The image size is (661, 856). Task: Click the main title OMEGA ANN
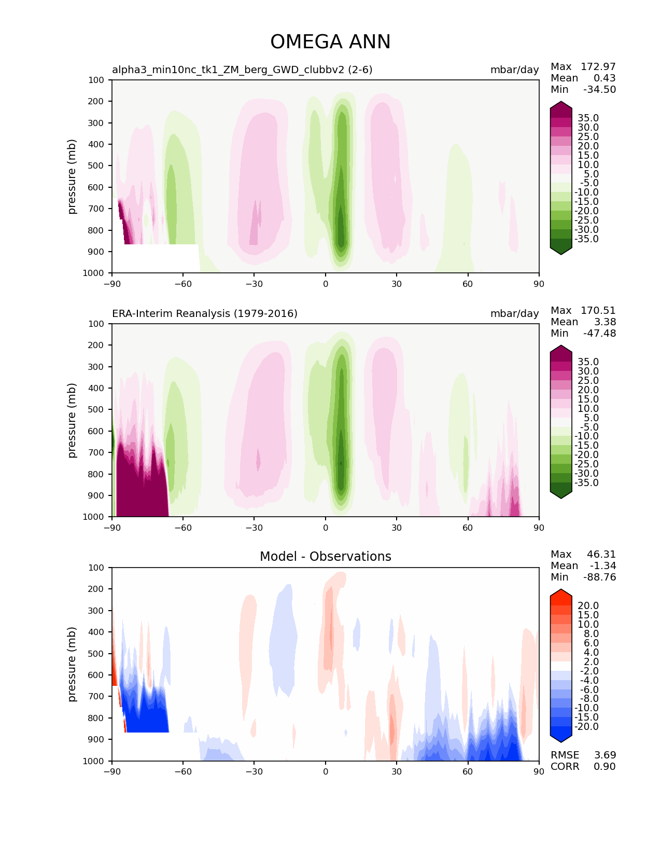330,42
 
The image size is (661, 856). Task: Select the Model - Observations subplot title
325,557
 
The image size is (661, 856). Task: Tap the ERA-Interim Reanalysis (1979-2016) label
205,313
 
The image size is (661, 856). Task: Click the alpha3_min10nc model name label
242,70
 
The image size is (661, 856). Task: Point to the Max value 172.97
598,66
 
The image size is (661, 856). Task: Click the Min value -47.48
599,333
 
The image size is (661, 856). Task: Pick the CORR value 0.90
604,766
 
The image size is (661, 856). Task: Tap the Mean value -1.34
602,565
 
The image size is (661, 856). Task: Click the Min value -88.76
599,577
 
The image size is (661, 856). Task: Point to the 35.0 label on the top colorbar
588,118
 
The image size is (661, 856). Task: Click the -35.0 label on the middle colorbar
586,482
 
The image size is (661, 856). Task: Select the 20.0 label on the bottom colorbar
588,605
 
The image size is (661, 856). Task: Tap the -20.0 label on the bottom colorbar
586,726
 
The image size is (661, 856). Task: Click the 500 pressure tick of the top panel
96,165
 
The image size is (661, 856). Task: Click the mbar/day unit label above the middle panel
514,313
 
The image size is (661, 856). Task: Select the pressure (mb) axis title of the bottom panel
72,664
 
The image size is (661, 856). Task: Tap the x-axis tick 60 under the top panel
468,284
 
